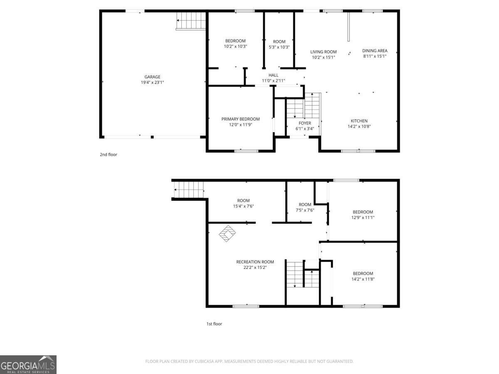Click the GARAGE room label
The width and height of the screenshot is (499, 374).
[152, 77]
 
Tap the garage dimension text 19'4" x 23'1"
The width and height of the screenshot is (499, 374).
[152, 82]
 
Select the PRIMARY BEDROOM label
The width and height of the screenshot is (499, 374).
[240, 119]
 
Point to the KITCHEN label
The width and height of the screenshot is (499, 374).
[359, 121]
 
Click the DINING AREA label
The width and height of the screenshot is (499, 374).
[375, 51]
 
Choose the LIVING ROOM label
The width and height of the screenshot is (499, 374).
[323, 52]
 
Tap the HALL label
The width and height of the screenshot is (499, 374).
[273, 75]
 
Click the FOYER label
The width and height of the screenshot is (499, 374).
[305, 123]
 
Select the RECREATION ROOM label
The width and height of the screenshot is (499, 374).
[255, 262]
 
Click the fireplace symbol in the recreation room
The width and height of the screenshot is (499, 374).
[227, 233]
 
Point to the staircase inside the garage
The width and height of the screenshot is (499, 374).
[191, 21]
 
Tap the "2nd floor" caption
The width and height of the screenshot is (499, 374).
[109, 155]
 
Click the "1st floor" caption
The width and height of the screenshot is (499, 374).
[214, 324]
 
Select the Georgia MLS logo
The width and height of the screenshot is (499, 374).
[28, 364]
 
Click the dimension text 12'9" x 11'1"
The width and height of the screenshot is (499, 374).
[363, 217]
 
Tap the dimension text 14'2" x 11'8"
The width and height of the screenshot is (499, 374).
[363, 279]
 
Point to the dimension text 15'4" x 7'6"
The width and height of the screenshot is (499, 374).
[243, 206]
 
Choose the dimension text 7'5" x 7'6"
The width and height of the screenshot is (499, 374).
[305, 210]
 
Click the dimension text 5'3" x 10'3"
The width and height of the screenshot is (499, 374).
[279, 47]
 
